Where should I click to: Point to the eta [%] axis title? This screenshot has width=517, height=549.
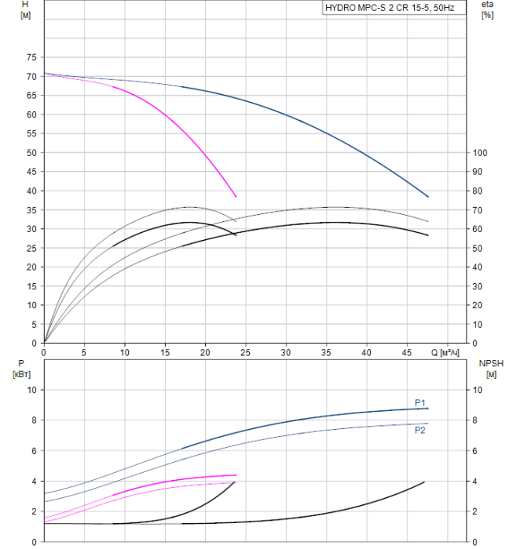[x=487, y=10]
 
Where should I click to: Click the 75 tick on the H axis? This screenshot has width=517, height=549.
[x=31, y=57]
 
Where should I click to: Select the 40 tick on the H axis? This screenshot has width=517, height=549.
[x=31, y=191]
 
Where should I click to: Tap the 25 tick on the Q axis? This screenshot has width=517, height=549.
[x=246, y=352]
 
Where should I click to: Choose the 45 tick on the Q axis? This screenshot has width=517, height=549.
[x=407, y=352]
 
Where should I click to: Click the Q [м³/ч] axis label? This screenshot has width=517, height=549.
[x=445, y=352]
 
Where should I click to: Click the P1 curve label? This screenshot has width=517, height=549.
[x=420, y=402]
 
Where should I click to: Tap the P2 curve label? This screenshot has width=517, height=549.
[x=420, y=430]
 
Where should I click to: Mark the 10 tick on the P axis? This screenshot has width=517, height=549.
[x=31, y=390]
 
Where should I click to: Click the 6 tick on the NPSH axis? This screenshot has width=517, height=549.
[x=475, y=451]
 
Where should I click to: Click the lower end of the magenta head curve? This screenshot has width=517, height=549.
[x=236, y=197]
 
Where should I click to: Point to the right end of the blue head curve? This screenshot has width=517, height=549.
[x=428, y=197]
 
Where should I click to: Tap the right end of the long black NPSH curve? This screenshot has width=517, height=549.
[x=424, y=482]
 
